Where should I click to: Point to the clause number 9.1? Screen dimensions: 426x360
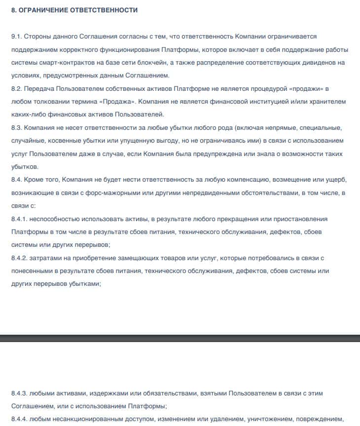click(x=17, y=37)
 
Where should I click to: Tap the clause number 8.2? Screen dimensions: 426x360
click(x=17, y=88)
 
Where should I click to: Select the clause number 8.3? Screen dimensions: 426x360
click(x=17, y=127)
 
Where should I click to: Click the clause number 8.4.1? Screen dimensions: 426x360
click(x=20, y=219)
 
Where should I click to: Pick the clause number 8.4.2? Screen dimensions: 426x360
click(x=20, y=258)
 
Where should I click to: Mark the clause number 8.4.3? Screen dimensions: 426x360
click(x=20, y=393)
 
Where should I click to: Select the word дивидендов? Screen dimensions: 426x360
click(x=314, y=63)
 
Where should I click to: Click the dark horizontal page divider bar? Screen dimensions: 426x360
click(x=180, y=338)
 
